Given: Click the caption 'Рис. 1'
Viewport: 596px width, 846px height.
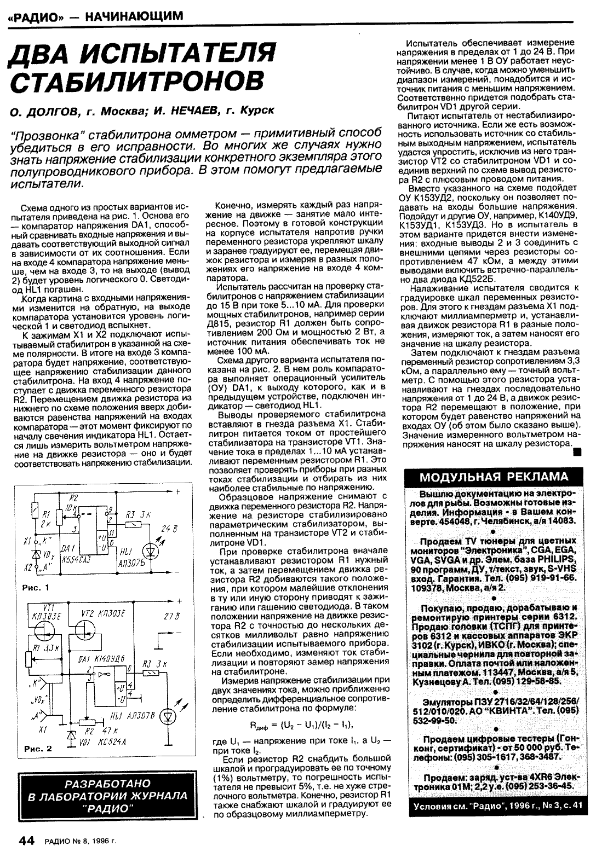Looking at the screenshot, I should (37, 588).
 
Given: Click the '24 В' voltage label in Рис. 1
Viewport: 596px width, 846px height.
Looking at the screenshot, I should (170, 529).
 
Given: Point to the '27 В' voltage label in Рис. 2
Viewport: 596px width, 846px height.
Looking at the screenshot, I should (171, 617).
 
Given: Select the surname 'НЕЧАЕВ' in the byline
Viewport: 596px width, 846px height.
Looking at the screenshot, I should (184, 111).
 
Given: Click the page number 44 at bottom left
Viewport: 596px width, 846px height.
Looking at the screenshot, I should (27, 839).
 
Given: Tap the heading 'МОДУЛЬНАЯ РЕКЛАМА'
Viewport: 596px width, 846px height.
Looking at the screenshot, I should (494, 476).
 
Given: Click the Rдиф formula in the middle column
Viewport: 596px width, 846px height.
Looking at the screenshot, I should (301, 725).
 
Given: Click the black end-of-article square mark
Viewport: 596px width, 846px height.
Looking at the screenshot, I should (576, 452).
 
